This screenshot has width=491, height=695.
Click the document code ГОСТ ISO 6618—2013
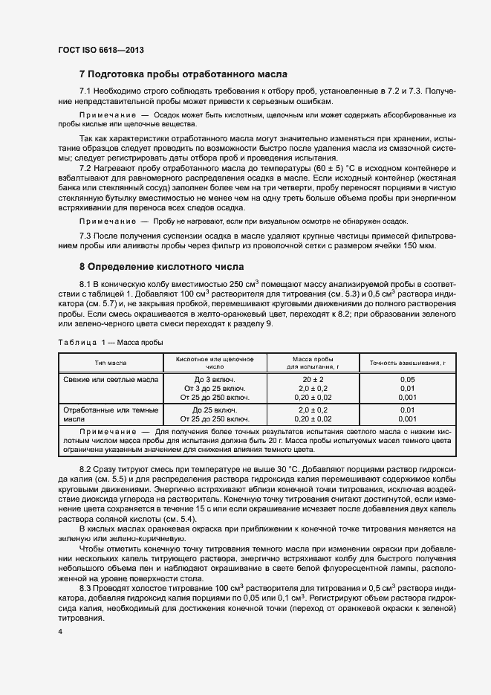coord(100,50)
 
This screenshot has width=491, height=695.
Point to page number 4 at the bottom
coord(59,632)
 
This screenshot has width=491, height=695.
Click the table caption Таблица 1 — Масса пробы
coord(111,342)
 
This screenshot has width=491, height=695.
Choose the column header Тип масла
coord(110,363)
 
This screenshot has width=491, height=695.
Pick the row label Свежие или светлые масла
coord(110,379)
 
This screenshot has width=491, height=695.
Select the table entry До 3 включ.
coord(215,379)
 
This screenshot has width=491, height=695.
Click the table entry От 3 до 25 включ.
coord(215,388)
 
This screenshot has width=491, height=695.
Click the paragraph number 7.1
coord(88,91)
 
